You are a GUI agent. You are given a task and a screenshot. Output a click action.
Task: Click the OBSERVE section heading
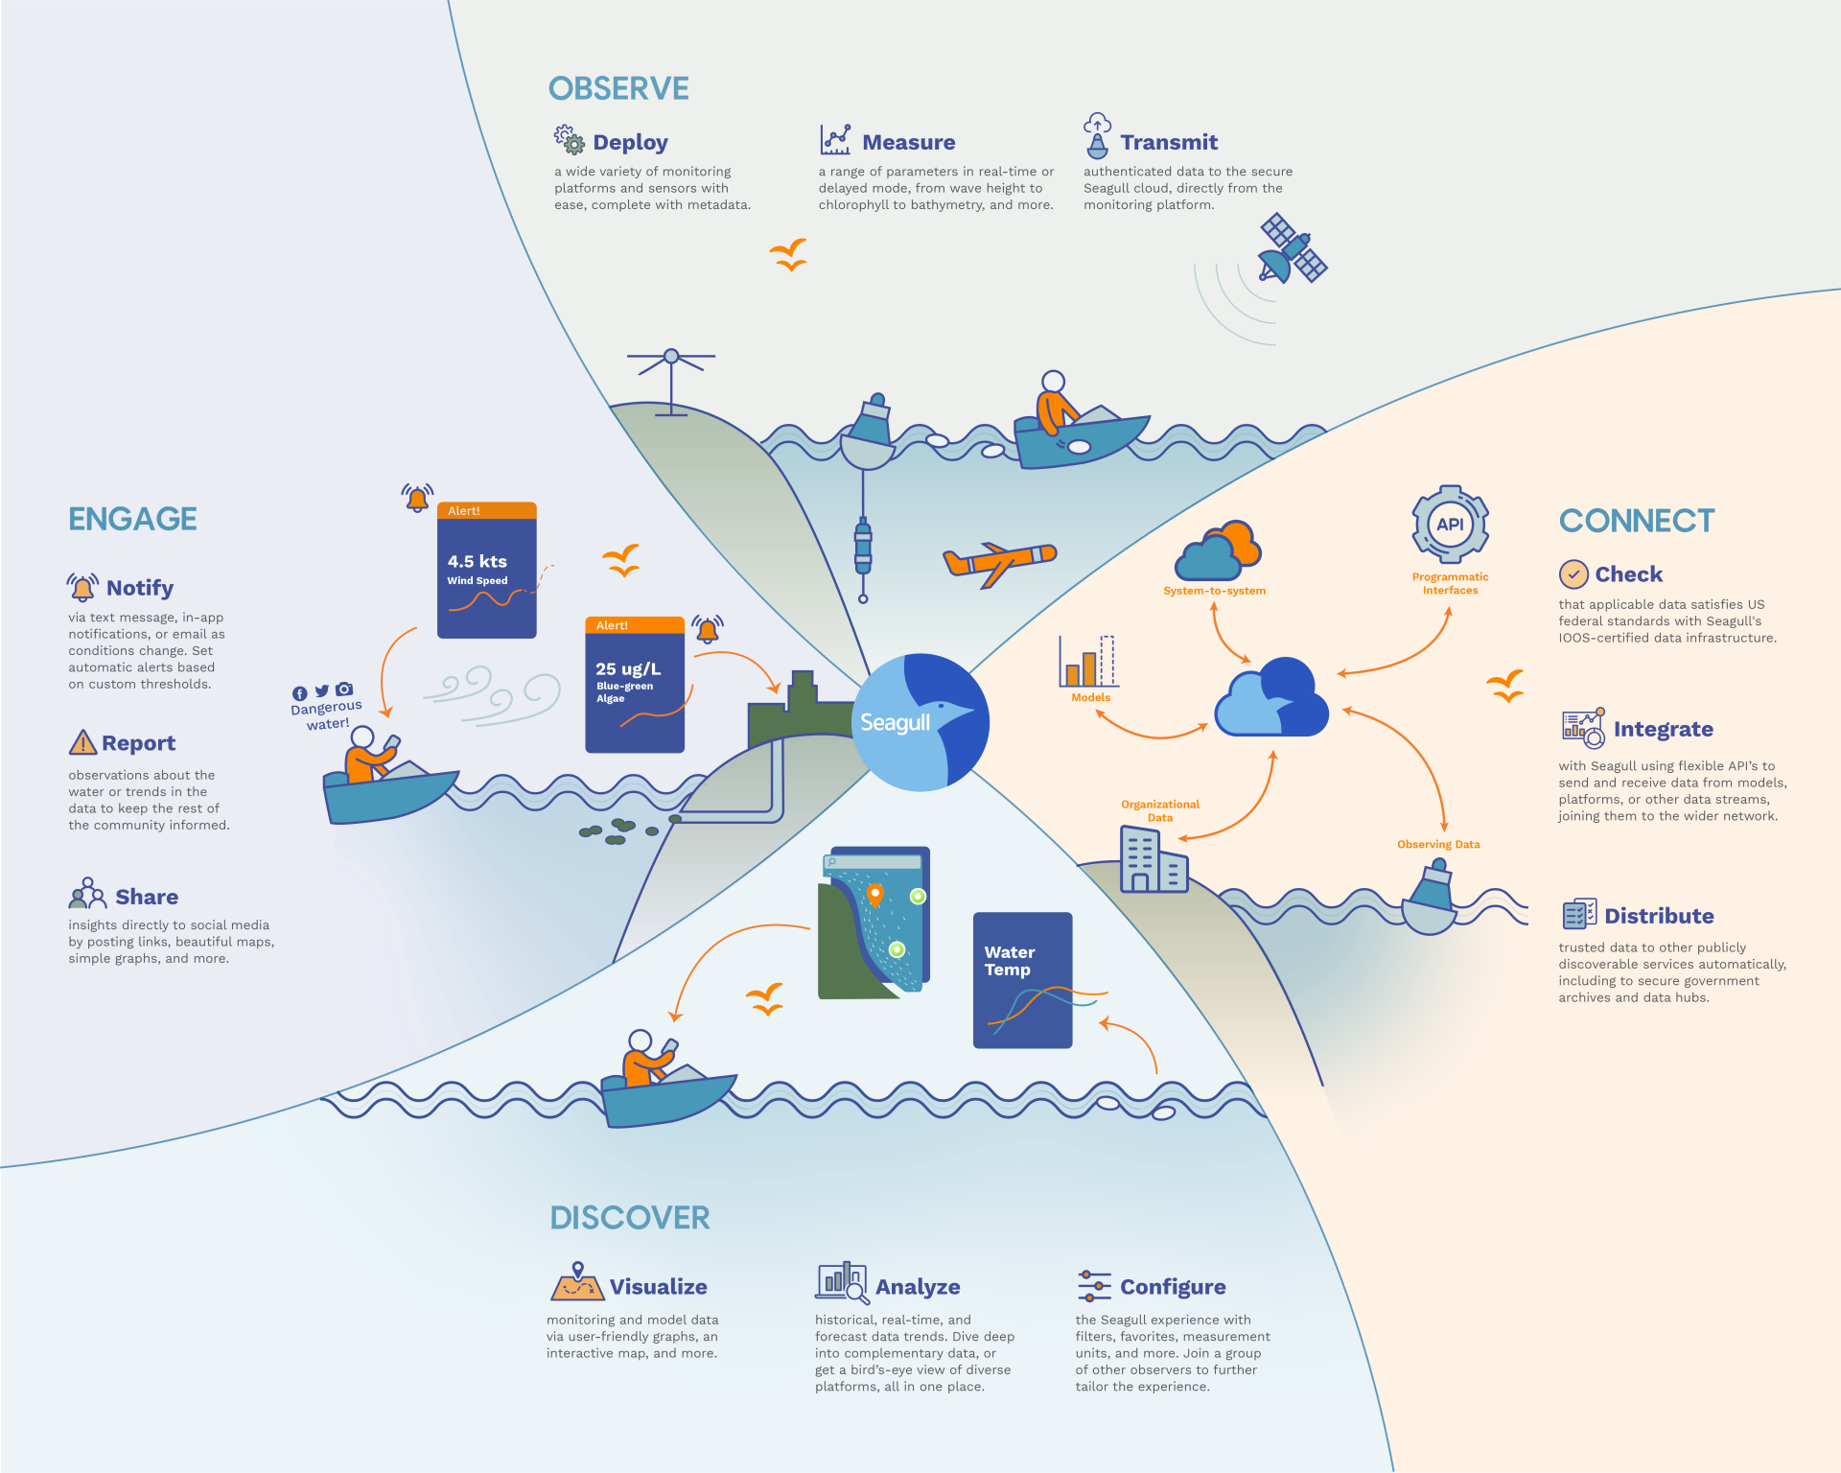click(618, 89)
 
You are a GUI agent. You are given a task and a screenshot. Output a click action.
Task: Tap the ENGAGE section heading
click(132, 519)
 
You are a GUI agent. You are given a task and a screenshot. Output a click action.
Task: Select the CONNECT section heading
click(1637, 521)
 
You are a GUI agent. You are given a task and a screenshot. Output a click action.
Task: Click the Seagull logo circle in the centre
click(920, 722)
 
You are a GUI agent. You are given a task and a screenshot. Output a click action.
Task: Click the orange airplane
click(999, 562)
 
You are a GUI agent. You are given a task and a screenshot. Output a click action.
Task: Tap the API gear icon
click(1450, 525)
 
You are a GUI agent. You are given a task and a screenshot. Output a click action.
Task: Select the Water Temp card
click(1022, 979)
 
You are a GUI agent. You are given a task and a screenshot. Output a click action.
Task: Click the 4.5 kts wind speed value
click(478, 562)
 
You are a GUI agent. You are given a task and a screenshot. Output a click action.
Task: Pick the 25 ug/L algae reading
click(628, 669)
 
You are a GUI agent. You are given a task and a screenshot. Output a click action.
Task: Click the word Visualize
click(659, 1287)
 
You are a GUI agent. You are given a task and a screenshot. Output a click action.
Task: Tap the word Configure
click(1173, 1287)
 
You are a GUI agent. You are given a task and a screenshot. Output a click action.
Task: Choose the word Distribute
click(1659, 916)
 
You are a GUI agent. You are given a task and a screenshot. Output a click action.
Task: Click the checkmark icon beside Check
click(1573, 574)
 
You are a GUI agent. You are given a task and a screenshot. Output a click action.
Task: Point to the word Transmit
click(1169, 143)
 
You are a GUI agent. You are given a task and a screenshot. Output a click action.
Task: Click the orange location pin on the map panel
click(874, 895)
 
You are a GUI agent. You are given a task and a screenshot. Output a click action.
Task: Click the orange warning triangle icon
click(83, 743)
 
